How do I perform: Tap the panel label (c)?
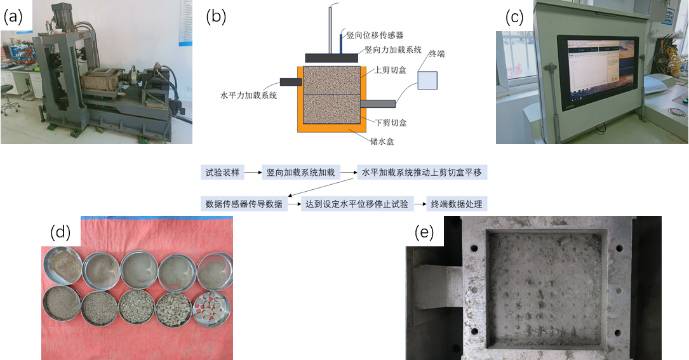point(514,18)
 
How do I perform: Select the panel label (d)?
point(60,232)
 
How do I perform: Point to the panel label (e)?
point(424,233)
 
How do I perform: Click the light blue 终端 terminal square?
point(427,80)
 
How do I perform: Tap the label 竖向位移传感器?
point(375,34)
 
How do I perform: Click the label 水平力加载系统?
point(248,95)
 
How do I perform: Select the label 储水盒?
point(382,142)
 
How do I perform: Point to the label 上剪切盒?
point(388,70)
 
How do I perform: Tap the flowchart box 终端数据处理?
point(457,204)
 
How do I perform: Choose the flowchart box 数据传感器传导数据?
point(244,204)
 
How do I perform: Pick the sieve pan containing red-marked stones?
point(213,308)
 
